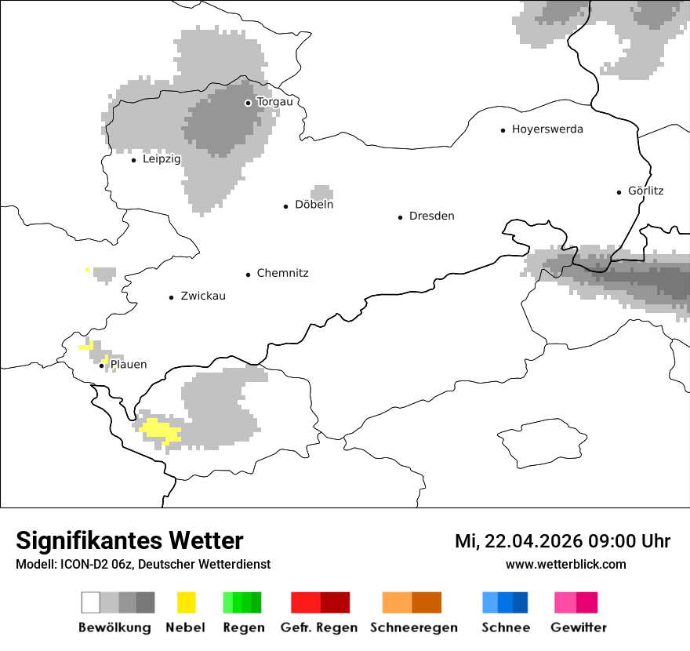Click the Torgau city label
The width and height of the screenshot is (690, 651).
click(x=274, y=102)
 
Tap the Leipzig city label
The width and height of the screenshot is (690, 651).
click(x=162, y=159)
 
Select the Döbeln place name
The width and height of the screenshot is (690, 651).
click(x=314, y=205)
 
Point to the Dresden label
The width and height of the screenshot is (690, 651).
click(x=431, y=216)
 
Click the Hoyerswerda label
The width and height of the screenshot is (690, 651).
click(x=547, y=129)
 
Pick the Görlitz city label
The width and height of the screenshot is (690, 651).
click(x=645, y=191)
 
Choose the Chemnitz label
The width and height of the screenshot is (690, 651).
click(x=282, y=273)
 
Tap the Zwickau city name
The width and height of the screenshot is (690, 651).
click(x=203, y=296)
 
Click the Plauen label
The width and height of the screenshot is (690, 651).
click(x=129, y=365)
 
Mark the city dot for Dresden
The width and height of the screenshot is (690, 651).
click(x=400, y=216)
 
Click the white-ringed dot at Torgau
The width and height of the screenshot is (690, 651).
click(x=248, y=103)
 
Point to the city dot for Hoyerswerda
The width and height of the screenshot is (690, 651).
click(x=503, y=130)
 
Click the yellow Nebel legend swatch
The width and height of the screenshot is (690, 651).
click(x=186, y=602)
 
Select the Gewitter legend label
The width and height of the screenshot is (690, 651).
click(x=578, y=627)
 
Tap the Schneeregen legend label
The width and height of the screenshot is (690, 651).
click(x=413, y=627)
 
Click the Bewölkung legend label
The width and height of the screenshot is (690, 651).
click(x=114, y=627)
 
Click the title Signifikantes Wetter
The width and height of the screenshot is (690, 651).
click(x=129, y=540)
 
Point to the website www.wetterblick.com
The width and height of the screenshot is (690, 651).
click(x=565, y=564)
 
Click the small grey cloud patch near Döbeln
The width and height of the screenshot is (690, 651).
click(x=321, y=192)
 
